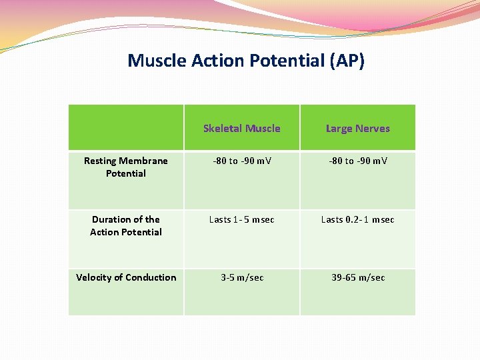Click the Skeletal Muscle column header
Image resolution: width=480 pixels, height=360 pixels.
pos(241,128)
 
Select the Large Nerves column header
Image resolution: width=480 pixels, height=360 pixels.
pos(357,128)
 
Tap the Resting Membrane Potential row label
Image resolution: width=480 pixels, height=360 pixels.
pos(126,167)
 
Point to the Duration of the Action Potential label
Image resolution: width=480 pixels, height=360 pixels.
pos(126,225)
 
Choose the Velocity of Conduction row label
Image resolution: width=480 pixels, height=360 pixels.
pos(126,277)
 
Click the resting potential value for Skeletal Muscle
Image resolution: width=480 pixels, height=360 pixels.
pos(241,161)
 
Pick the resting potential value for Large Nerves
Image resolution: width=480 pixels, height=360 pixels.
pos(357,161)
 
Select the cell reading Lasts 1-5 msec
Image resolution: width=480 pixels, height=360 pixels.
pos(241,219)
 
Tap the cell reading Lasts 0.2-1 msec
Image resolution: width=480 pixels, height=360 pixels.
pos(357,219)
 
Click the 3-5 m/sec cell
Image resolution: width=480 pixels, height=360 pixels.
pos(241,277)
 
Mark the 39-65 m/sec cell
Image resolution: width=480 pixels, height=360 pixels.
pos(357,277)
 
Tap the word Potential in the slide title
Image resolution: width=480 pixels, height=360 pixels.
pos(283,61)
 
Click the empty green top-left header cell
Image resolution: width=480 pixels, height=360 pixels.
pos(126,127)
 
